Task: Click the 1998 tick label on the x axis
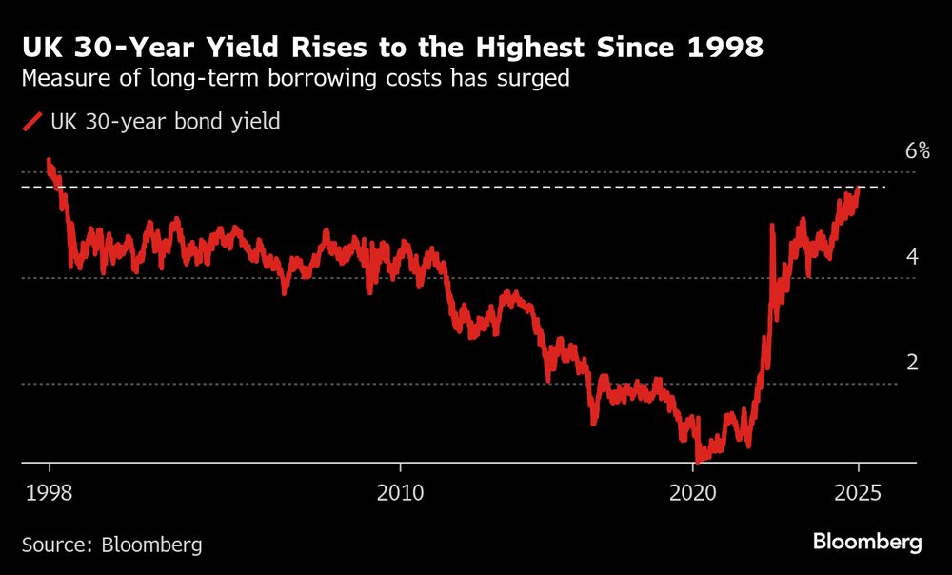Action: click(x=49, y=493)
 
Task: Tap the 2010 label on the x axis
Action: click(x=400, y=493)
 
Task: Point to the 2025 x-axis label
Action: click(x=858, y=493)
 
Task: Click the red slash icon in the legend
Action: click(x=32, y=122)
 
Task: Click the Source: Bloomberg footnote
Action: click(x=112, y=545)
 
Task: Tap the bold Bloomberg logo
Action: click(x=866, y=543)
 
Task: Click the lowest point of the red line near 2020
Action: click(x=698, y=459)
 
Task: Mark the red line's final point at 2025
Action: click(x=858, y=188)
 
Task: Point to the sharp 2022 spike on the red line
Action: click(x=771, y=226)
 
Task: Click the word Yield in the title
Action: click(x=227, y=47)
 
